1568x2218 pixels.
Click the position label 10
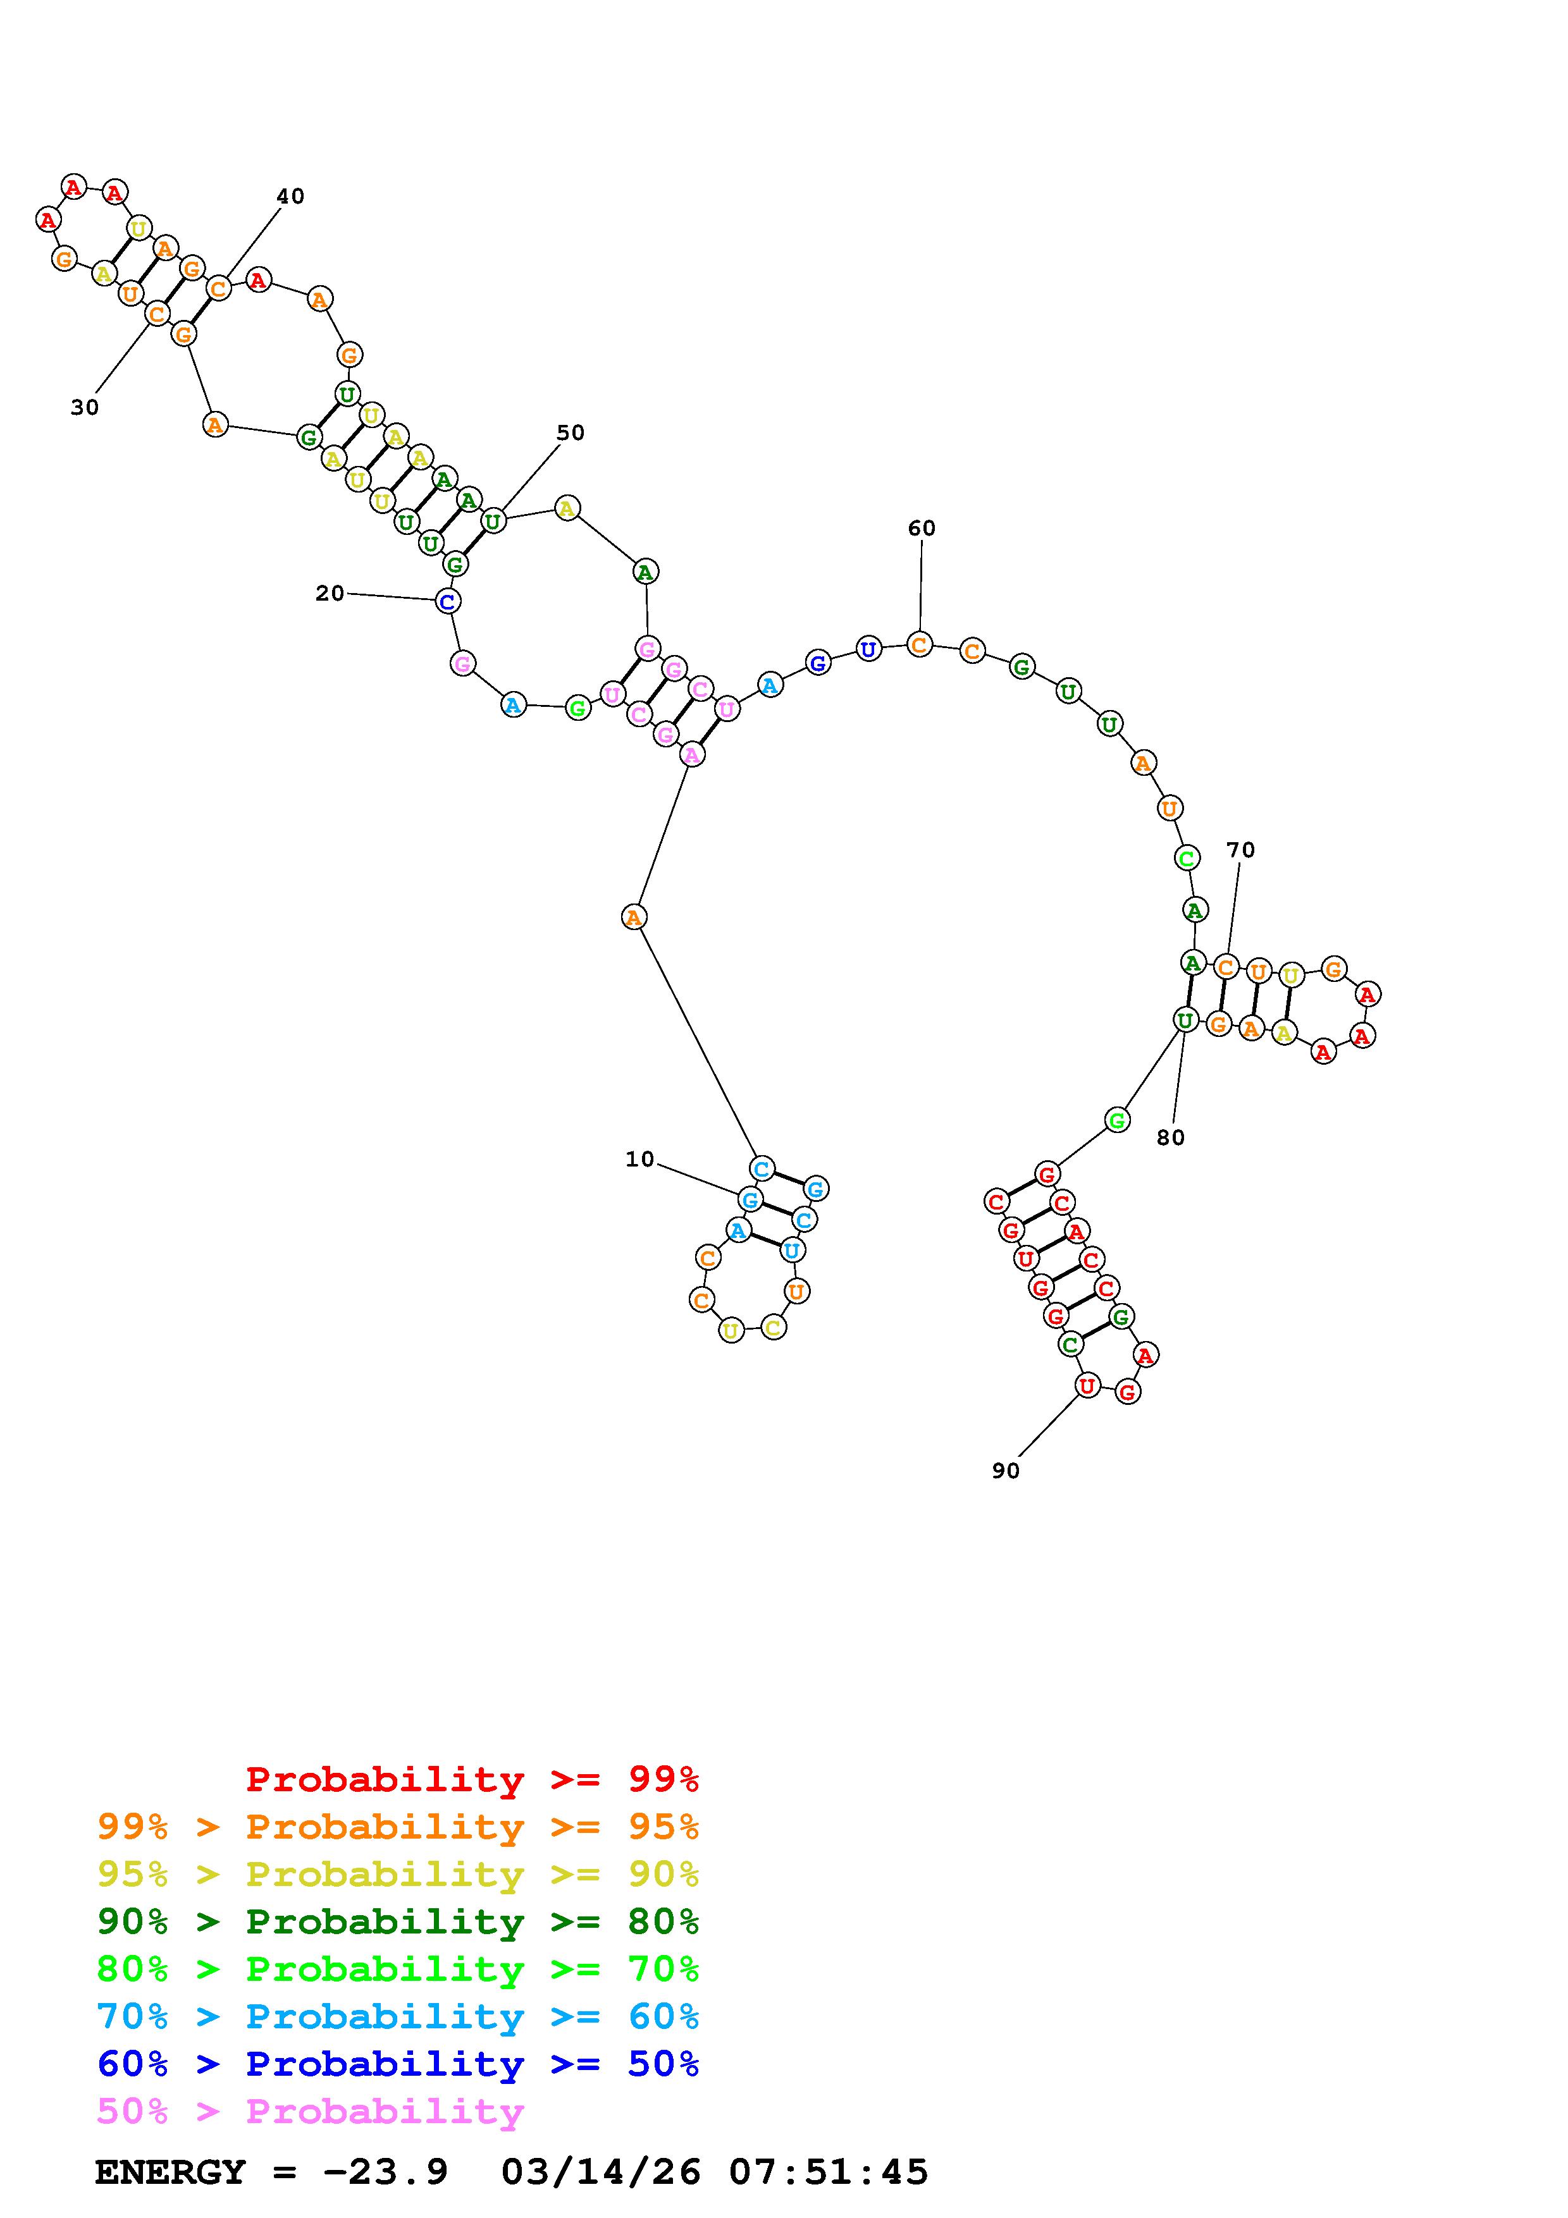(x=639, y=1159)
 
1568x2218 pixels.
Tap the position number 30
(x=85, y=408)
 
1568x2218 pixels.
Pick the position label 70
(x=1240, y=850)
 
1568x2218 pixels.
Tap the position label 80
(x=1170, y=1138)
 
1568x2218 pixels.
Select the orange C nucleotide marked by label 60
(x=920, y=644)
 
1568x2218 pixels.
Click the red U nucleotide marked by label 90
(x=1087, y=1386)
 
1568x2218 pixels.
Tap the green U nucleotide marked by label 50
(x=493, y=522)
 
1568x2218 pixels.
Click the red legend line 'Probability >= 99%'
(x=472, y=1779)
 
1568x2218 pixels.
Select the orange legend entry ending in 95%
(x=398, y=1827)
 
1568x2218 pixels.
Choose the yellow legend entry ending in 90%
(x=398, y=1874)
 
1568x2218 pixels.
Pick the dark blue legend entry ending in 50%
(x=398, y=2064)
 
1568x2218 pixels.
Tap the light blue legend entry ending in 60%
(x=398, y=2016)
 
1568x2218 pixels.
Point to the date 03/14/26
(x=601, y=2172)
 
